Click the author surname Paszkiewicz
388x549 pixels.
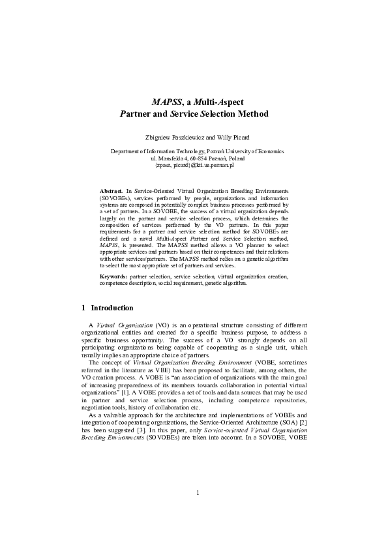188,138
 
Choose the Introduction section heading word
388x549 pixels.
112,308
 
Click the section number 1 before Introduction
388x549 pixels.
83,308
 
